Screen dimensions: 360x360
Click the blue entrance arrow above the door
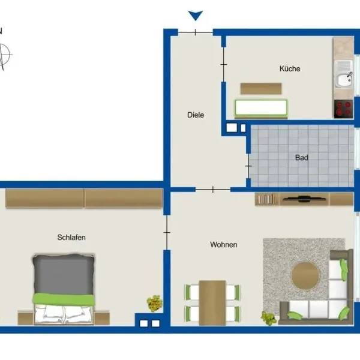pos(196,16)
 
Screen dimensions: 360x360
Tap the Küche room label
pos(290,68)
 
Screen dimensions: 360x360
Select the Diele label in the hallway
pos(196,115)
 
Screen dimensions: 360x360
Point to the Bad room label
pos(301,157)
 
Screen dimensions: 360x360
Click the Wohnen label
pos(224,245)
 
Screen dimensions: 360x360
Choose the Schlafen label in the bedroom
pos(71,237)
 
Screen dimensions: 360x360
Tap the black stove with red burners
pos(344,109)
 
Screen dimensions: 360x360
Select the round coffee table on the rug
pos(305,275)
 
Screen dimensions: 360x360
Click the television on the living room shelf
pos(303,199)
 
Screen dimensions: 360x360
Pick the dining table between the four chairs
pos(212,303)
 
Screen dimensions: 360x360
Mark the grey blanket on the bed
pos(64,274)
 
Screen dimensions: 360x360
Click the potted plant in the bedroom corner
pos(155,304)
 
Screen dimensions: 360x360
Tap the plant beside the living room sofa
pos(268,318)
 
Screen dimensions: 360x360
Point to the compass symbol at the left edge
pos(4,55)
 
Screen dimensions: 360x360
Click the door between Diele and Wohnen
pos(213,190)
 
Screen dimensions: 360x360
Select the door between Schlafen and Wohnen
pos(167,232)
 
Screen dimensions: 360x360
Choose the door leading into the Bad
pos(248,166)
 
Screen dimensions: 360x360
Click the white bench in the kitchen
pos(261,107)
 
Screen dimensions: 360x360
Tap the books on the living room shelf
pos(266,199)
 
